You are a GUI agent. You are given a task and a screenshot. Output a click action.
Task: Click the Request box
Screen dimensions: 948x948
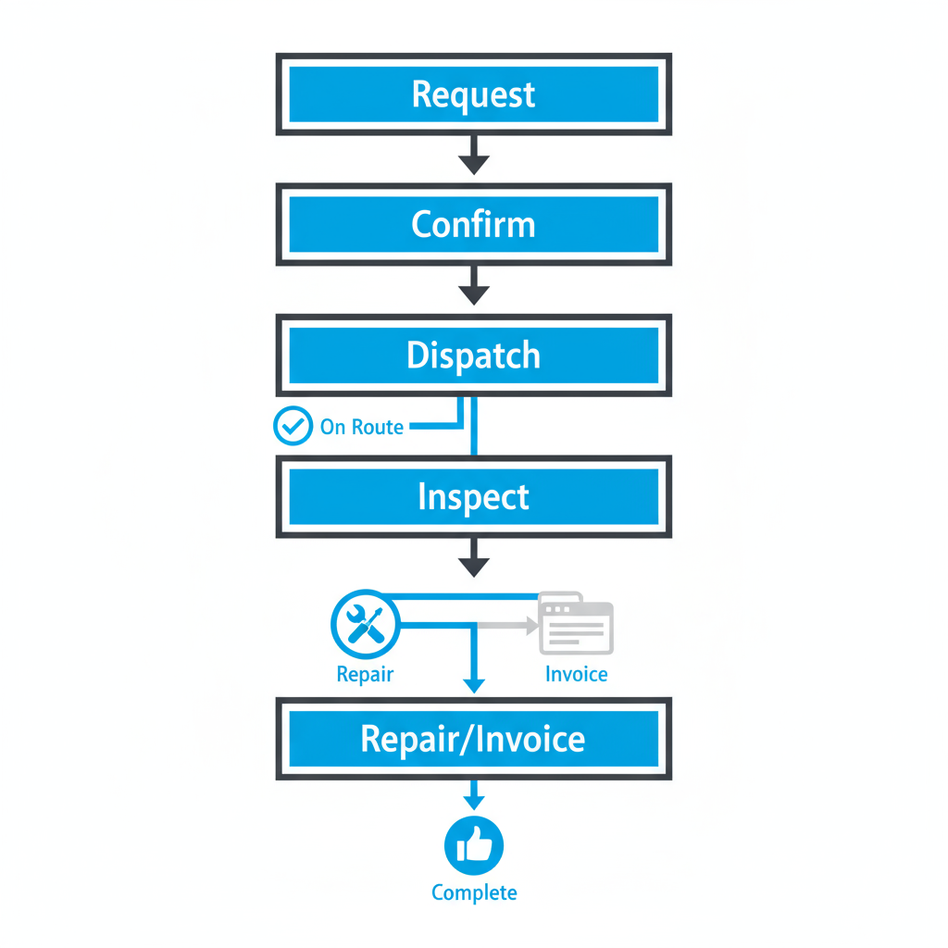[x=473, y=94]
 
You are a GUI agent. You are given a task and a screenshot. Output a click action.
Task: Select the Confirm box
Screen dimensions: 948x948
[x=473, y=225]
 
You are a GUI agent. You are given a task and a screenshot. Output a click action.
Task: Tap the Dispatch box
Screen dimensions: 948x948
[x=473, y=355]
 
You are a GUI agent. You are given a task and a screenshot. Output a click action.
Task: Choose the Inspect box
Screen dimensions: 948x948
[x=473, y=497]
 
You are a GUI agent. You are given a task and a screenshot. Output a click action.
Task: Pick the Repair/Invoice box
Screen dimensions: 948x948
[x=473, y=739]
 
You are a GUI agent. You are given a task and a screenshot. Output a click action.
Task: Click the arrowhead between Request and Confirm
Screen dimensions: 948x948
[x=473, y=164]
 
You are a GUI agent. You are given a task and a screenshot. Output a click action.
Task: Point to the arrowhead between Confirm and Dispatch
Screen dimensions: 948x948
[x=473, y=294]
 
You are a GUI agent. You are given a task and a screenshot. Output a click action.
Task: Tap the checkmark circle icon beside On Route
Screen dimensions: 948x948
[x=293, y=427]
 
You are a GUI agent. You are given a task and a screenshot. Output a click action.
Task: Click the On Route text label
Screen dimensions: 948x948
[x=361, y=428]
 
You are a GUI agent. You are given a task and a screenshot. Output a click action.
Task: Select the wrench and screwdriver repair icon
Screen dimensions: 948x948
[x=364, y=623]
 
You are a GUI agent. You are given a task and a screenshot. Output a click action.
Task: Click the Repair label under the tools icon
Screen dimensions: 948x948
[x=365, y=674]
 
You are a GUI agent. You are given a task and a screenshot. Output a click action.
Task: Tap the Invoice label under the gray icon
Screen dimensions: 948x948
[x=576, y=674]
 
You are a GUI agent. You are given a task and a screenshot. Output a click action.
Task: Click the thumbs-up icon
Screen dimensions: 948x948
[x=473, y=845]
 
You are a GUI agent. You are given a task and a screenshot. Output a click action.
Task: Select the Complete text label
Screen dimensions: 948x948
[x=473, y=893]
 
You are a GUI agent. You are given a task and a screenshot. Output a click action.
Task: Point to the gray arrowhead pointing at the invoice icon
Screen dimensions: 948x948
[x=532, y=626]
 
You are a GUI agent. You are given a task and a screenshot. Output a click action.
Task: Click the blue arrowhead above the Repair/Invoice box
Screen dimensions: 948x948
[x=473, y=685]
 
